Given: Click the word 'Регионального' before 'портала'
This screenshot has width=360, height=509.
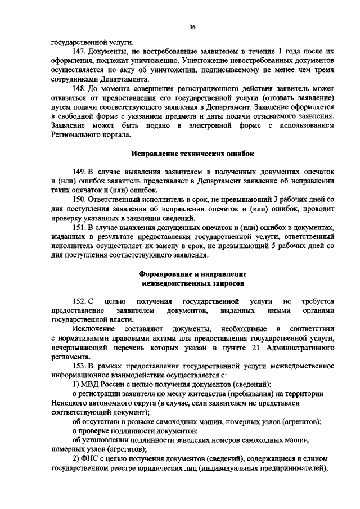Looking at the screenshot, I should (x=76, y=135).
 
